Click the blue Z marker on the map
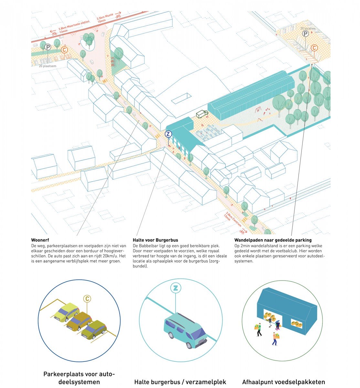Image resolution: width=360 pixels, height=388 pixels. click(x=168, y=134)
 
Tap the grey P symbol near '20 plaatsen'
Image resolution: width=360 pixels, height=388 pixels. click(x=48, y=47)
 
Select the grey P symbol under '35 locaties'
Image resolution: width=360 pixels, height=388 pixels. click(x=305, y=33)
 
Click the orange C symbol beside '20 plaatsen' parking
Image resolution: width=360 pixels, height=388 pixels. click(x=64, y=50)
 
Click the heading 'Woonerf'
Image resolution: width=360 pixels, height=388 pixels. click(x=39, y=240)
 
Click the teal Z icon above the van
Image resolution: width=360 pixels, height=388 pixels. click(x=175, y=288)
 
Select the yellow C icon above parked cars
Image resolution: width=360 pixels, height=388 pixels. click(x=87, y=298)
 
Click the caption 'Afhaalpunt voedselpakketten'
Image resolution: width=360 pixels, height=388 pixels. click(x=283, y=382)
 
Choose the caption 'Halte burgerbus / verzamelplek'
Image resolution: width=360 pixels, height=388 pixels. click(x=180, y=382)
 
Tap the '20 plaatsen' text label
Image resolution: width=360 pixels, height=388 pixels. click(x=48, y=66)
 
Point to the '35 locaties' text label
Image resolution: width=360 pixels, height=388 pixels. click(x=307, y=28)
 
